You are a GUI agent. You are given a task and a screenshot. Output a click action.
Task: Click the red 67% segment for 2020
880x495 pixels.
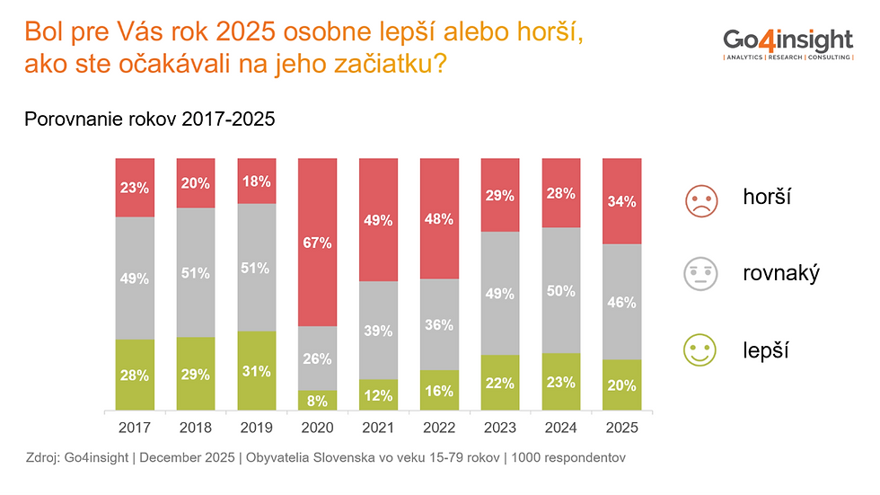[x=317, y=243]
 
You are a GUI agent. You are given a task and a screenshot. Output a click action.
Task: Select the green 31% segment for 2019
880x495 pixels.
[x=256, y=371]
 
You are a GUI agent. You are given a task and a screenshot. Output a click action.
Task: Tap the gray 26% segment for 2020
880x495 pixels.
[x=317, y=358]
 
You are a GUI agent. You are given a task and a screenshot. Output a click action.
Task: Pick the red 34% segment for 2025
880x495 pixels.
[x=621, y=201]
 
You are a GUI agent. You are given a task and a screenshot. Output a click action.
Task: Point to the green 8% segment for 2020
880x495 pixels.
[x=317, y=401]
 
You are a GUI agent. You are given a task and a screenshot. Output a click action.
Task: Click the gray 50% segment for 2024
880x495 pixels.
[x=560, y=290]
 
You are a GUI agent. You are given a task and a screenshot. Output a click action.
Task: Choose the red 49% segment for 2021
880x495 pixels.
[x=378, y=220]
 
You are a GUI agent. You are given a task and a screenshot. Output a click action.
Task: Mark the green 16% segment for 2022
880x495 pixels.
[x=439, y=391]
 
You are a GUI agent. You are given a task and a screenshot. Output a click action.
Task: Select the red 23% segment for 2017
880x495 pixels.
[x=135, y=188]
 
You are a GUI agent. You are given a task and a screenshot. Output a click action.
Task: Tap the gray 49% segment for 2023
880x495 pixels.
[x=499, y=293]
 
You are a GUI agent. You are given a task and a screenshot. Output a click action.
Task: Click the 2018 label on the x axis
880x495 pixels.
[x=196, y=428]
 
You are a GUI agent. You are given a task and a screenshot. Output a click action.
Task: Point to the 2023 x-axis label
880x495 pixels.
[x=499, y=428]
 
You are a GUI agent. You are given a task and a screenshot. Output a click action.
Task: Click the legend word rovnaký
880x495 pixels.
[x=779, y=274]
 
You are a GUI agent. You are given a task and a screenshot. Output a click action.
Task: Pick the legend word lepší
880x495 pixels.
[x=765, y=349]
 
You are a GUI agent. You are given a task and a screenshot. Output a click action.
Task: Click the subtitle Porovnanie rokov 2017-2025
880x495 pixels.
[x=150, y=119]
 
